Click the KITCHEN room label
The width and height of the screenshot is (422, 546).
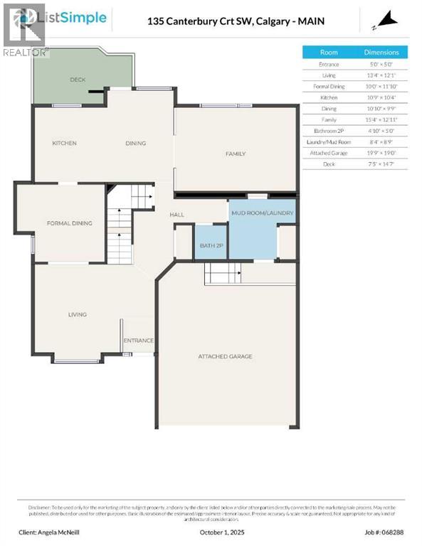[x=64, y=144]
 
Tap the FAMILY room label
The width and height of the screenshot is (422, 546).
[x=236, y=154]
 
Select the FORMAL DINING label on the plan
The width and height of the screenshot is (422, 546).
[x=70, y=223]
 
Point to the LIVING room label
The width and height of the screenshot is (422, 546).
[x=78, y=314]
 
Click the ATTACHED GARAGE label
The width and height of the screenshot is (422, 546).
[x=225, y=356]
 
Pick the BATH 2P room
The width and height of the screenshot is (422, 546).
[x=211, y=245]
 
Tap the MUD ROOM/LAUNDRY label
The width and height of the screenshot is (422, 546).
[x=263, y=213]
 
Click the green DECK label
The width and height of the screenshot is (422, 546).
[x=78, y=80]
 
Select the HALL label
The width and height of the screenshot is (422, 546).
[x=177, y=215]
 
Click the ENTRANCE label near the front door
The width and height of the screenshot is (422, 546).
[x=139, y=341]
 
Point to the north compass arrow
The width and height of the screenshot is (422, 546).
[x=386, y=22]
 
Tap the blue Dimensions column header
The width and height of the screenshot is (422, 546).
[x=381, y=52]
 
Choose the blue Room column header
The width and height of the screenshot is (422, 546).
[x=329, y=52]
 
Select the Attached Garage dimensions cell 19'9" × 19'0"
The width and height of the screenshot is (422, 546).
[x=381, y=153]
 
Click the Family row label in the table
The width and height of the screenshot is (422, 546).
[x=329, y=119]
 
